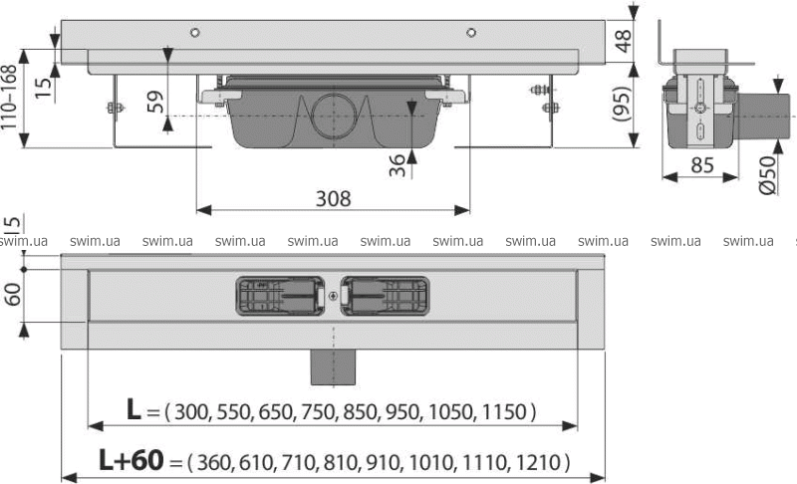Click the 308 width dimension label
coord(333,198)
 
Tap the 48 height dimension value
coord(623,41)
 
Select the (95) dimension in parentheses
coord(622,105)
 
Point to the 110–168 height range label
coord(9,97)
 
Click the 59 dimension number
coord(155,102)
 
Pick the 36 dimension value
coord(398,165)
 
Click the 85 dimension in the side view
coord(702,165)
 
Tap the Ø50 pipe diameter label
coord(767,175)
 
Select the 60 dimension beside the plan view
coord(13,295)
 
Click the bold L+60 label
coord(132,460)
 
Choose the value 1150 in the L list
coord(503,411)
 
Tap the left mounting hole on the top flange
coord(194,33)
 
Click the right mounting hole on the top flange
coord(471,33)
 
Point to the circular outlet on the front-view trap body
coord(333,116)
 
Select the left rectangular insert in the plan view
coord(281,296)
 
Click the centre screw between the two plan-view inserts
coord(333,296)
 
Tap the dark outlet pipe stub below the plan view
coord(334,366)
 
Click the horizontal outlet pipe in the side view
coord(765,117)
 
